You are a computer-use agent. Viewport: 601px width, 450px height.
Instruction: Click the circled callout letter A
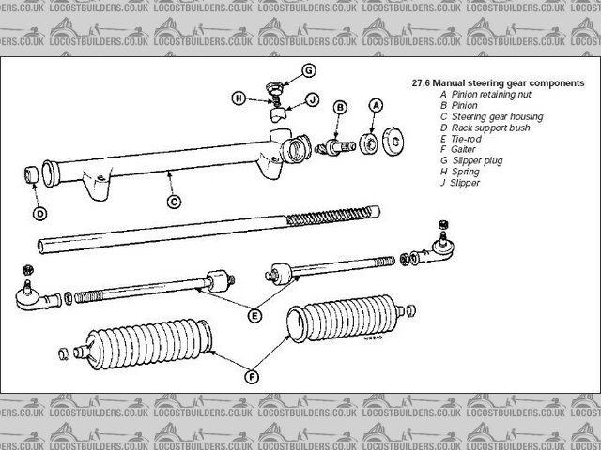(377, 106)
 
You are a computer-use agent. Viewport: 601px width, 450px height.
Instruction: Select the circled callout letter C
(173, 201)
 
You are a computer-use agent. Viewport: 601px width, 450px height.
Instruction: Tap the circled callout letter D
(39, 214)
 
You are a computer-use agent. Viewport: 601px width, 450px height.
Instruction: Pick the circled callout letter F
(250, 377)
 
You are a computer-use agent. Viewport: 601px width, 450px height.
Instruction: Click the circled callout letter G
(309, 69)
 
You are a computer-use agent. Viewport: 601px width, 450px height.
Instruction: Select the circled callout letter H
(239, 97)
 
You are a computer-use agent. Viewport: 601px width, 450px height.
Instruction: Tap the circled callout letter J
(312, 98)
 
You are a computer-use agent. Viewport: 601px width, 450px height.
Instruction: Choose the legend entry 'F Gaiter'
(459, 150)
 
